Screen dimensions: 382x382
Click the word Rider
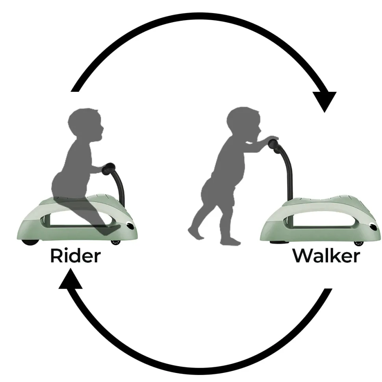coord(76,256)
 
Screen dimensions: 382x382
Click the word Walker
coord(326,256)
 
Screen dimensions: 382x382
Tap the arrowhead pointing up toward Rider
coord(70,278)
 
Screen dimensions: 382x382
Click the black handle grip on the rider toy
coord(109,169)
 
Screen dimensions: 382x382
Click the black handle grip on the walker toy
coord(274,145)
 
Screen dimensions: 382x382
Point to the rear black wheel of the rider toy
coord(30,242)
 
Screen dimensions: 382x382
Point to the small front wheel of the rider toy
coord(116,242)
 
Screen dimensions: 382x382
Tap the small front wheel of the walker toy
coord(359,243)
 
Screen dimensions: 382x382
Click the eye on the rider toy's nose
coord(131,226)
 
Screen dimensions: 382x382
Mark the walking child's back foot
coord(195,233)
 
